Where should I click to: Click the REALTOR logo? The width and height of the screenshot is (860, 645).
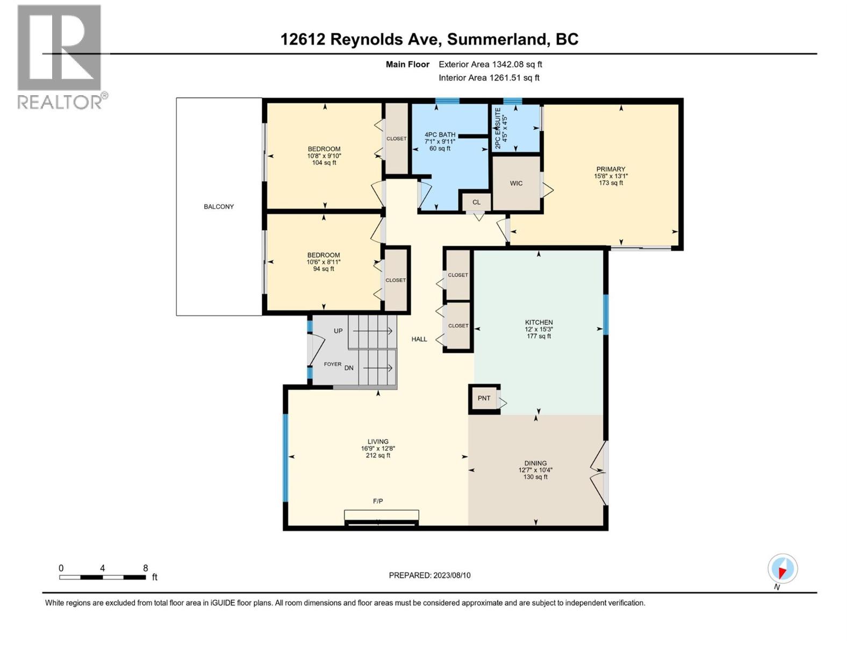pyautogui.click(x=60, y=56)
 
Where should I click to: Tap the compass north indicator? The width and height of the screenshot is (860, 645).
pyautogui.click(x=783, y=569)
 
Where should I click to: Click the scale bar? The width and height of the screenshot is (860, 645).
pyautogui.click(x=102, y=577)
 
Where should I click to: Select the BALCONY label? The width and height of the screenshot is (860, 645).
pyautogui.click(x=219, y=206)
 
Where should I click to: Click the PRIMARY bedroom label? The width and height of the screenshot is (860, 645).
pyautogui.click(x=611, y=169)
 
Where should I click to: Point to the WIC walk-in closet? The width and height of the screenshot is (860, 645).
pyautogui.click(x=516, y=183)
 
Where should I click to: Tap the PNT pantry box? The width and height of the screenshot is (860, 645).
pyautogui.click(x=484, y=398)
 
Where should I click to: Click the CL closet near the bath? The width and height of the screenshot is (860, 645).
pyautogui.click(x=476, y=202)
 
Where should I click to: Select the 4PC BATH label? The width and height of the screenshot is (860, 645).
pyautogui.click(x=440, y=135)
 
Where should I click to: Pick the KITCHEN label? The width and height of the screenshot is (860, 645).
pyautogui.click(x=539, y=322)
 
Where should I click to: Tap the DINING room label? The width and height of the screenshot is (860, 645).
pyautogui.click(x=535, y=463)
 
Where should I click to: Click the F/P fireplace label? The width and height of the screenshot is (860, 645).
pyautogui.click(x=378, y=501)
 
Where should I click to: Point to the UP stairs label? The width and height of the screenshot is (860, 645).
pyautogui.click(x=338, y=331)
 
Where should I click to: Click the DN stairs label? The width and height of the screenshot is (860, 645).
pyautogui.click(x=349, y=368)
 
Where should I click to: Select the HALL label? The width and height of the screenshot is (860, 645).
pyautogui.click(x=419, y=339)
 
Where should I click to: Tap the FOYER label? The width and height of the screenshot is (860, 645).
pyautogui.click(x=332, y=364)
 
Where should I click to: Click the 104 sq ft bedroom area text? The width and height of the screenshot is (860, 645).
pyautogui.click(x=324, y=163)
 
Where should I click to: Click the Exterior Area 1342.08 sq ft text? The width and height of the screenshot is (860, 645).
pyautogui.click(x=490, y=64)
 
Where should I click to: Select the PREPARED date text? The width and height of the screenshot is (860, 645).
pyautogui.click(x=429, y=575)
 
